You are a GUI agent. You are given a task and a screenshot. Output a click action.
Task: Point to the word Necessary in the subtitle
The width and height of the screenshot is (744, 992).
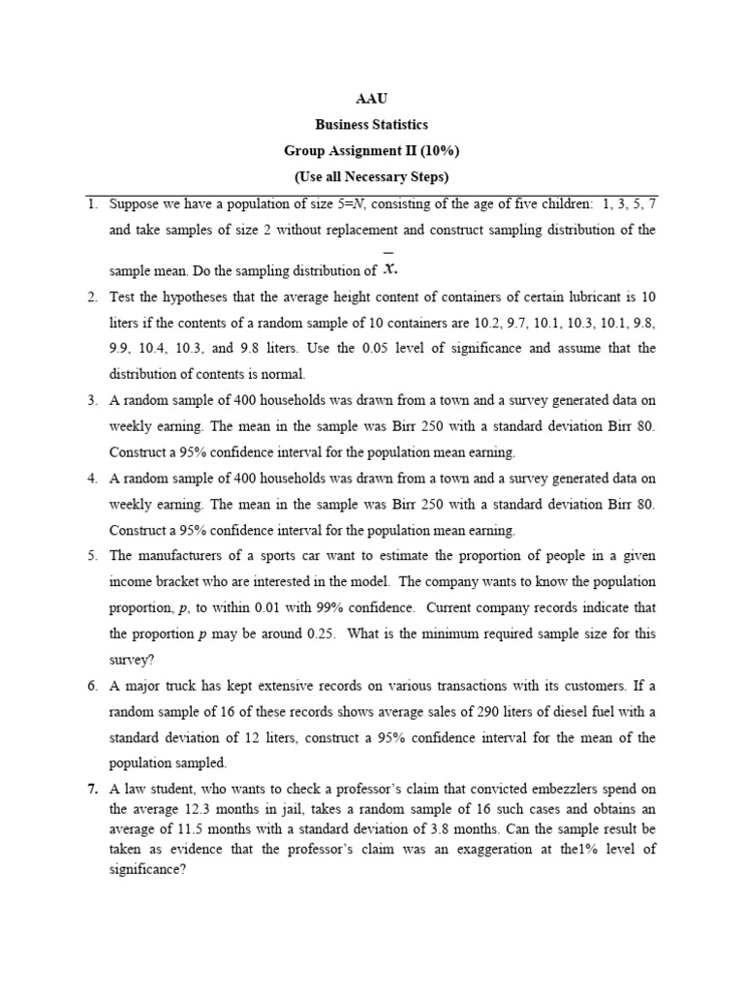pyautogui.click(x=363, y=177)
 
